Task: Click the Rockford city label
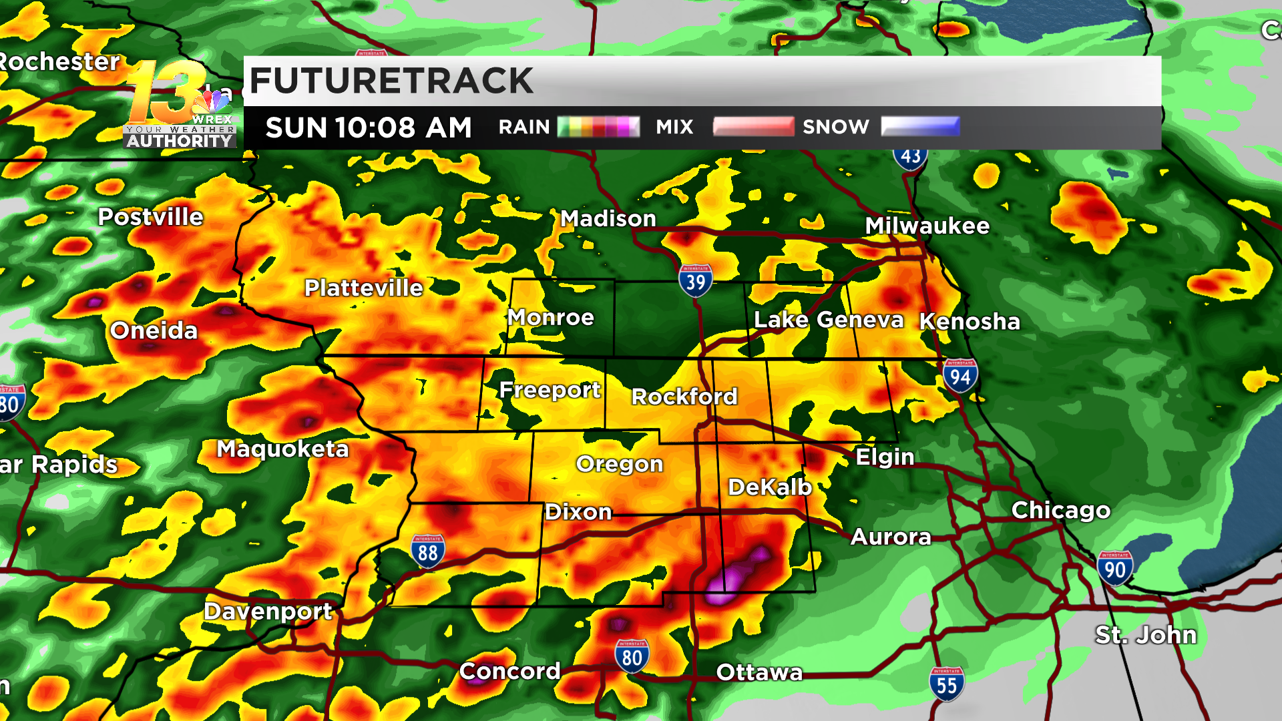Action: coord(684,397)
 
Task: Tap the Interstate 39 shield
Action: coord(695,281)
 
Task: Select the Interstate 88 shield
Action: coord(427,551)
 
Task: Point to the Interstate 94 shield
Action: coord(960,376)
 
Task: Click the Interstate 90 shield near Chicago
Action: coord(1114,569)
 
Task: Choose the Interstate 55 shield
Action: coord(946,684)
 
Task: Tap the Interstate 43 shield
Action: coord(910,157)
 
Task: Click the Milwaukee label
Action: coord(927,226)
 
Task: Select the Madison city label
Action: coord(608,218)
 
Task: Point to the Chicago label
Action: coord(1060,510)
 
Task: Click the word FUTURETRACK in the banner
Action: coord(391,81)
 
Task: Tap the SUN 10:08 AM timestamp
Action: coord(369,128)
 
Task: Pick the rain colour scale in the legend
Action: coord(598,127)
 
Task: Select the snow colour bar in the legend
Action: coord(920,126)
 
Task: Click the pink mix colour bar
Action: coord(753,126)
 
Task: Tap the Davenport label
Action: coord(268,611)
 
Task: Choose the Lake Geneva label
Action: coord(828,320)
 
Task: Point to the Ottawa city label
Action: coord(759,672)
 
